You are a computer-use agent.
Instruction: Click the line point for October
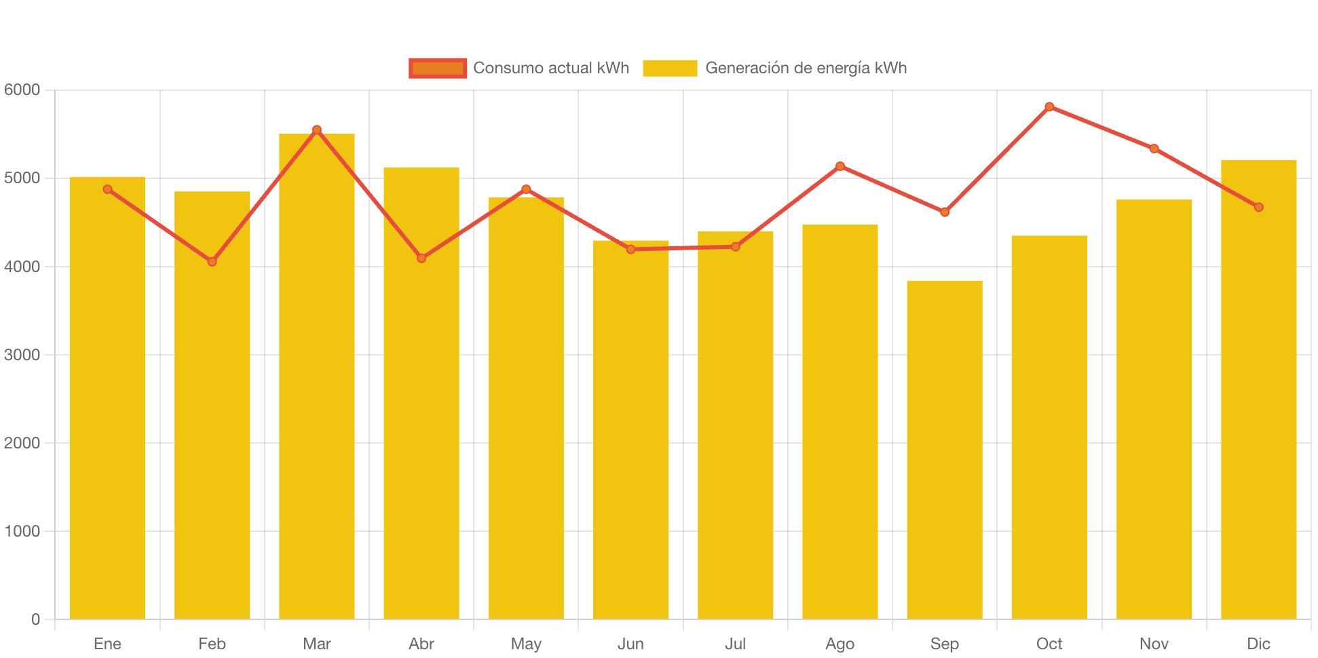1049,107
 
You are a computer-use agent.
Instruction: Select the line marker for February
212,261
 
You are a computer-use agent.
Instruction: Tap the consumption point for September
945,212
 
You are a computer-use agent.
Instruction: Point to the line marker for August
840,166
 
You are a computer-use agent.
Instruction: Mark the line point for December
1258,207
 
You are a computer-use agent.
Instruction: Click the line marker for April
421,258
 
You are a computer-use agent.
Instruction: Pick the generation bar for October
1049,427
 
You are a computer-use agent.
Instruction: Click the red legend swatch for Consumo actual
438,68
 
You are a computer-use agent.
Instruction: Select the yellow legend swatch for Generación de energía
670,68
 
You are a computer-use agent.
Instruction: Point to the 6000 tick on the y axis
22,90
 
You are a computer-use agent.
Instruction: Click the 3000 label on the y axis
22,355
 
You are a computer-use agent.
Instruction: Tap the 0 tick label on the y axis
35,619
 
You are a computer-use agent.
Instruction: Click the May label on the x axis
526,644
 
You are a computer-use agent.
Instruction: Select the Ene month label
107,644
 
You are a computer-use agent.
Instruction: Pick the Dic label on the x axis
1258,644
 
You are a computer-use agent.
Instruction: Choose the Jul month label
735,644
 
